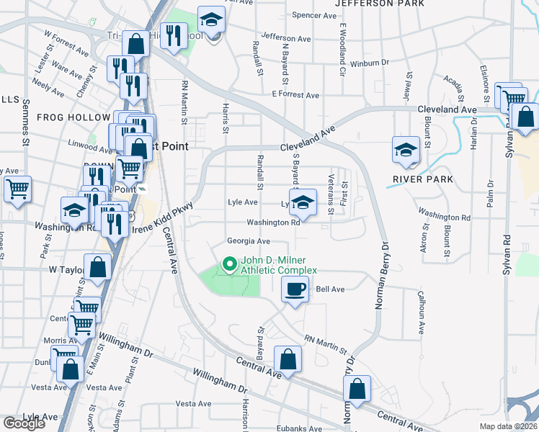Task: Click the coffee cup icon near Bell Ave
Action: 294,290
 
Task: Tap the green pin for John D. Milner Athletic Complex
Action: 231,264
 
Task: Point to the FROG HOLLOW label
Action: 66,117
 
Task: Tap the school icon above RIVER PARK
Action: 406,150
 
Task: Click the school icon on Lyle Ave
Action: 303,202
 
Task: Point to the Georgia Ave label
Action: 248,241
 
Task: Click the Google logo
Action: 23,423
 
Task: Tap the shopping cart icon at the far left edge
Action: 17,189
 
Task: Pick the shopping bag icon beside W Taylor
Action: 97,267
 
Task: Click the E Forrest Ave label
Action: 295,95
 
